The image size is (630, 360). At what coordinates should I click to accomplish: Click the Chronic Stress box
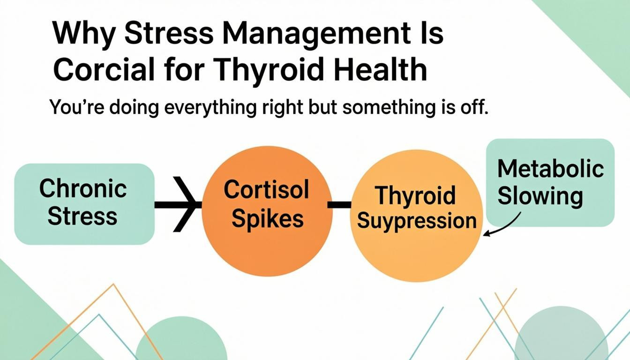tap(84, 204)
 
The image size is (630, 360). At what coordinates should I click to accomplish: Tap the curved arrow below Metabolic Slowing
tap(504, 225)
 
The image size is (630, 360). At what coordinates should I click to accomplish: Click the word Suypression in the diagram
tap(417, 220)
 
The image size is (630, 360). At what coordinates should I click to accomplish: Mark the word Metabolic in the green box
tap(550, 169)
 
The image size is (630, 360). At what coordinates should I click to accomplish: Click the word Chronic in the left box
tap(83, 188)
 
